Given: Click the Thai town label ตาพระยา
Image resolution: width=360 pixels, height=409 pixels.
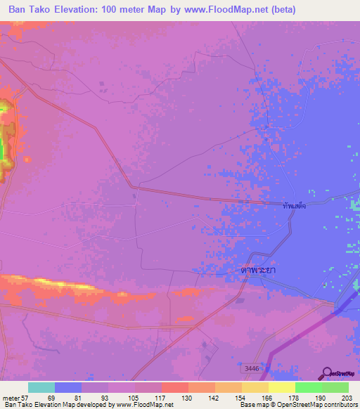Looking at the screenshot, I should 255,268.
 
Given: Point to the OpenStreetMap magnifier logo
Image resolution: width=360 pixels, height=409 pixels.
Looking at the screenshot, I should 326,375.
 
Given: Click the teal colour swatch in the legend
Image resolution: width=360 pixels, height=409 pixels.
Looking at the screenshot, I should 41,387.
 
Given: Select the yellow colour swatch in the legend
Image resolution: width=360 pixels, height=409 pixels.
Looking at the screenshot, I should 282,387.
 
